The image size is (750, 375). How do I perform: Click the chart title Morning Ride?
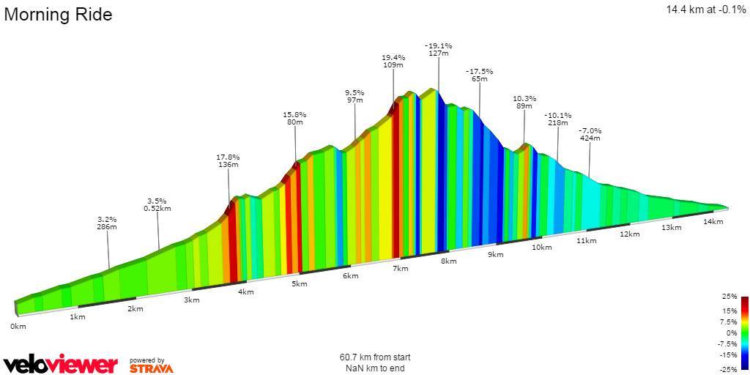coord(59,15)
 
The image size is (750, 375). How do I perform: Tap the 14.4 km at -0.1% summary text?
coord(705,10)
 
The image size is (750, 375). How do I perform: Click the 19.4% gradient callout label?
coord(393,61)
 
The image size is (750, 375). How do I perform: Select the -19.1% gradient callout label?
coord(438,50)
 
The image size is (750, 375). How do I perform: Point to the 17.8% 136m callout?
coord(229,160)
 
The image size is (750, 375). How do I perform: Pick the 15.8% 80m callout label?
coord(294,119)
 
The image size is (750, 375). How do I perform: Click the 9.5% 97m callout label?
coord(354,96)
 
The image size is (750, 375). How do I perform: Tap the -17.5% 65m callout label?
coord(479,75)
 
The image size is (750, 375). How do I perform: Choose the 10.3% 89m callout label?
coord(524,102)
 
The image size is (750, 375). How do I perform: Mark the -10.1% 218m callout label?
coord(557,119)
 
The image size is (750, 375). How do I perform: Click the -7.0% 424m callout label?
coord(590,134)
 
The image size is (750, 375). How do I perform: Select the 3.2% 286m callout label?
coord(107,223)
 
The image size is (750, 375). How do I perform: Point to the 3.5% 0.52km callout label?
coord(157,204)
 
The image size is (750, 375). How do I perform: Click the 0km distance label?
coord(18,326)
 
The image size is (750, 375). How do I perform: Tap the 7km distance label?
coord(400,269)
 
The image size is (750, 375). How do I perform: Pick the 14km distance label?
coord(713,221)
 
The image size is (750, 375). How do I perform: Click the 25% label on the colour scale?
coord(729,297)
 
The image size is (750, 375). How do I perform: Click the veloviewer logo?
coord(61,364)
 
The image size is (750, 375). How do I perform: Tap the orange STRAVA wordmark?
coord(152,368)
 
